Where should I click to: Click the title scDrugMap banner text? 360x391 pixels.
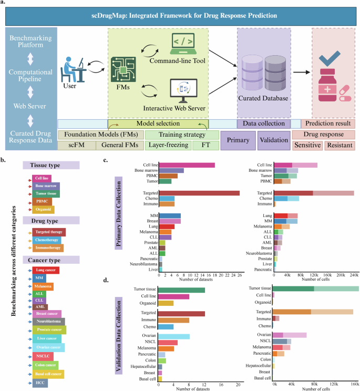pos(180,16)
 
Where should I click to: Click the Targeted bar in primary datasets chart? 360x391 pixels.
pos(199,193)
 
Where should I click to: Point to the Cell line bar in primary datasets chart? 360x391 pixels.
pos(187,165)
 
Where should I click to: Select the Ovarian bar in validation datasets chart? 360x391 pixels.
pos(174,336)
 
